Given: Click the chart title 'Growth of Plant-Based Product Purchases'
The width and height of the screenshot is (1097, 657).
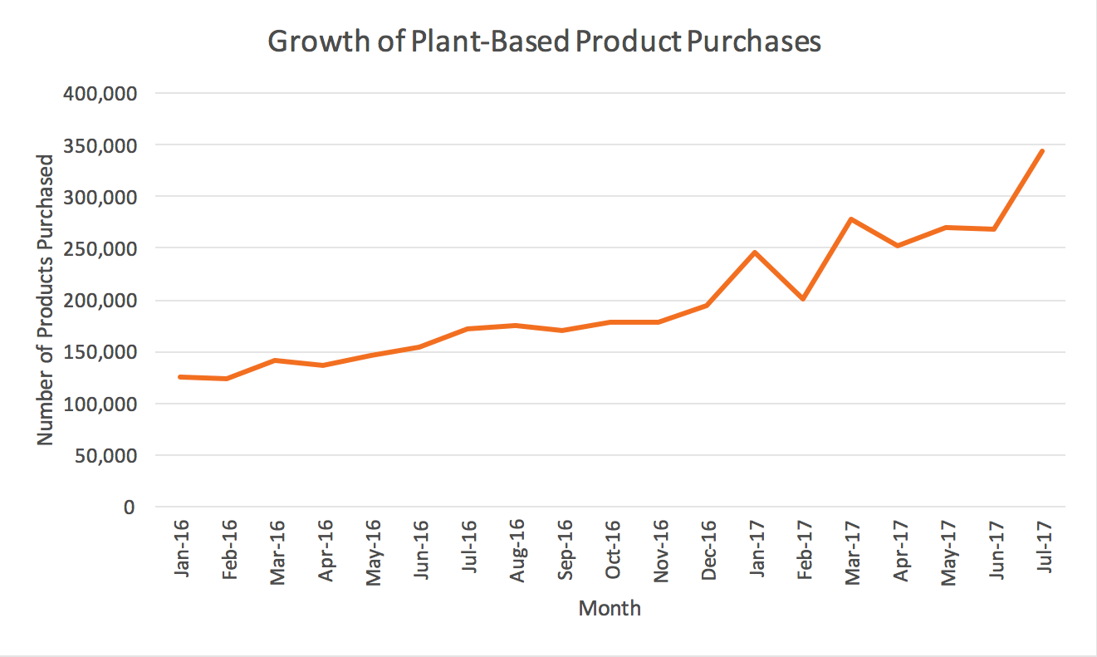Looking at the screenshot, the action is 544,42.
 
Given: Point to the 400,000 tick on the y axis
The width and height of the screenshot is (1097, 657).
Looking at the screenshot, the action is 100,93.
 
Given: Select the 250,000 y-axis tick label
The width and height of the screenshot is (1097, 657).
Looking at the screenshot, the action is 100,248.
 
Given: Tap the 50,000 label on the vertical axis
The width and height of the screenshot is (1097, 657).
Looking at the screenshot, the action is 105,456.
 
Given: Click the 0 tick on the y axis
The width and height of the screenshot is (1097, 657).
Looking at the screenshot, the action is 129,507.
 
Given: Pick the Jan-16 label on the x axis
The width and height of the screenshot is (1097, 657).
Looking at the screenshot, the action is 181,548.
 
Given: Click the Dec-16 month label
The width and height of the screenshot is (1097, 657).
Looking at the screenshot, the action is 708,550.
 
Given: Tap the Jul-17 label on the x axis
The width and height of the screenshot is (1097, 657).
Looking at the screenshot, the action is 1044,546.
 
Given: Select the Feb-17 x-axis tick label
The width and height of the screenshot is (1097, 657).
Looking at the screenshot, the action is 805,549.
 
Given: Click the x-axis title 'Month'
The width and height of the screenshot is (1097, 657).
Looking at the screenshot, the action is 610,608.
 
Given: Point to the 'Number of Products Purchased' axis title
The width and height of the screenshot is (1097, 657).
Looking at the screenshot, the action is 45,300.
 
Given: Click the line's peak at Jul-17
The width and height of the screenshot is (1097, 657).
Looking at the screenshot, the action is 1042,151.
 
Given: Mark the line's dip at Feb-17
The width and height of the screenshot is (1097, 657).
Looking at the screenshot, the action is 803,298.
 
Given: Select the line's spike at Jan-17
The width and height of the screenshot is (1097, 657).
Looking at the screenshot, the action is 755,253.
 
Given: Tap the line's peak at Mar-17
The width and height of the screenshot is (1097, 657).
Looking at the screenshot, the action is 851,219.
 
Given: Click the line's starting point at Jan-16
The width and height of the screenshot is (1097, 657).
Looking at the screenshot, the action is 180,377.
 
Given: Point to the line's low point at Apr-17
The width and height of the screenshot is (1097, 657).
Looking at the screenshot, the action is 899,246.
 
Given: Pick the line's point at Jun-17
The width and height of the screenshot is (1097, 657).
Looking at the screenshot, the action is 994,228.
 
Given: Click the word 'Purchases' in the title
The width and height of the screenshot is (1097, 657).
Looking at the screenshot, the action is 754,42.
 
